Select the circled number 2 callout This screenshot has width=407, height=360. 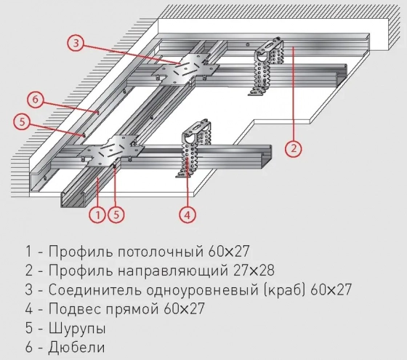[x=293, y=149]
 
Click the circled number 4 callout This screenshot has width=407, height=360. [x=188, y=214]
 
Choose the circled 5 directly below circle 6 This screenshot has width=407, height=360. [x=23, y=123]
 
